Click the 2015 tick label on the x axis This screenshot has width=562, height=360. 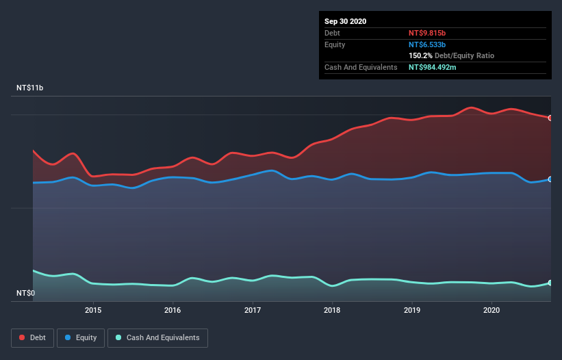tap(93, 310)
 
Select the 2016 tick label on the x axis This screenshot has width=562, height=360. tap(173, 310)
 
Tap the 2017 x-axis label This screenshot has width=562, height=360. tap(253, 310)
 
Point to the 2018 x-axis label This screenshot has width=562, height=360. tap(332, 310)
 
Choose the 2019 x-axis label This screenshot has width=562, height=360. tap(412, 310)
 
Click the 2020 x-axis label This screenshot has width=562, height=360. tap(491, 310)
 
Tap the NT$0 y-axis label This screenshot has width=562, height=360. tap(25, 293)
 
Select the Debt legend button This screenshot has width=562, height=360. tap(33, 337)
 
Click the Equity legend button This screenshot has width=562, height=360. tap(81, 337)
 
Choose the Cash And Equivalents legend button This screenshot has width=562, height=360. tap(157, 337)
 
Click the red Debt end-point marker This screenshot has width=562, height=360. tap(550, 118)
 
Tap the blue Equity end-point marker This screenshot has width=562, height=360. tap(550, 179)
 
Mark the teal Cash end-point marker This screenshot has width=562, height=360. tap(550, 283)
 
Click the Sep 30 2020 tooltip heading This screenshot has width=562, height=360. tap(345, 21)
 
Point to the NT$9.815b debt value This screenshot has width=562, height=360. tap(427, 33)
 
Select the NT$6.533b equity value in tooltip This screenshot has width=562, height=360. tap(427, 44)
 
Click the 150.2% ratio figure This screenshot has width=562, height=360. tap(421, 55)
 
